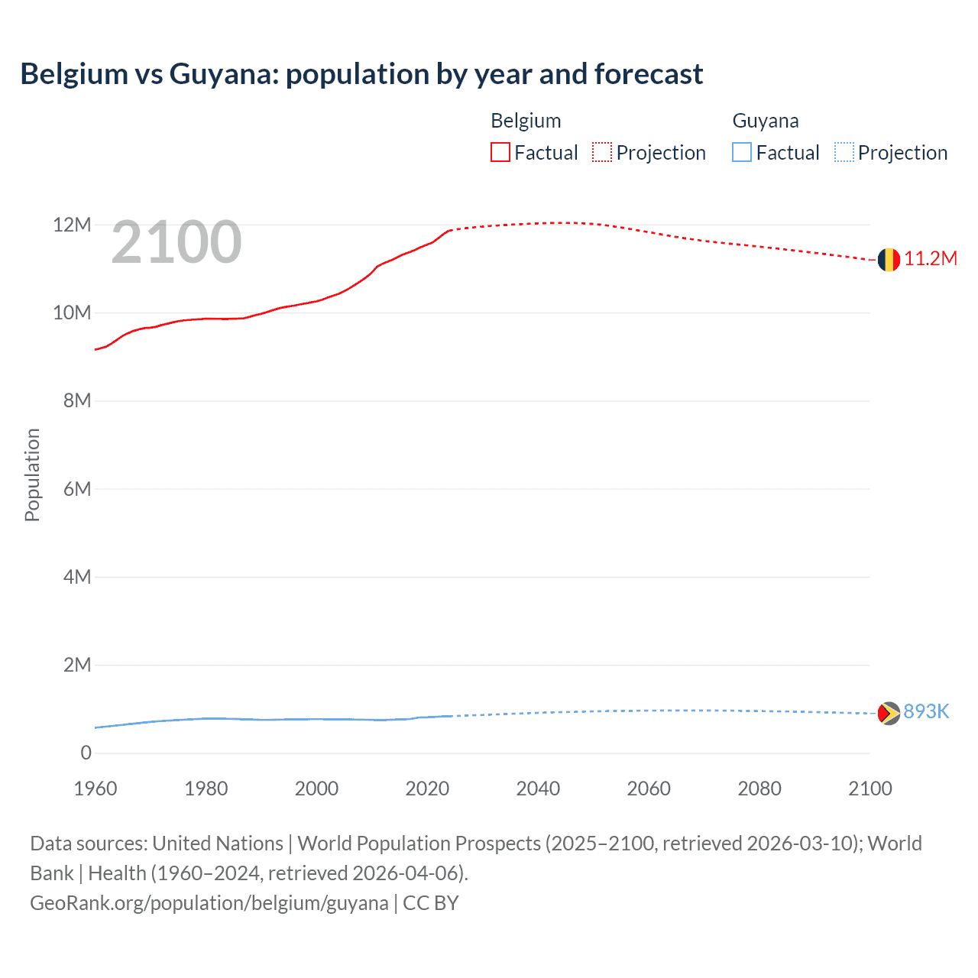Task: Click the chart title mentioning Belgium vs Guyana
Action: point(361,74)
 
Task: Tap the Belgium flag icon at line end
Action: point(889,260)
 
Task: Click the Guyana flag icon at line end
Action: point(889,713)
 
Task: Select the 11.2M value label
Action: point(931,259)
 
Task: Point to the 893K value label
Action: point(926,712)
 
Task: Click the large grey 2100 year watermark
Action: point(176,243)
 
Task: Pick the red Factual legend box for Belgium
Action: point(500,153)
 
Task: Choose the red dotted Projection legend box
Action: point(602,153)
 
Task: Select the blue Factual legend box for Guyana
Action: point(742,153)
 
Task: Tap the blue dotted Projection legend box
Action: point(844,153)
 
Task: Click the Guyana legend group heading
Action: point(766,121)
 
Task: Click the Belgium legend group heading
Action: point(526,121)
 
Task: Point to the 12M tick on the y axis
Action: point(72,225)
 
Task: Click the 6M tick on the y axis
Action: point(77,489)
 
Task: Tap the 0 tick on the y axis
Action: point(86,753)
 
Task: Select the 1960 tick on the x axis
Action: point(96,789)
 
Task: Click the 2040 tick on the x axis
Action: point(538,789)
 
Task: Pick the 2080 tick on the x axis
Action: point(759,789)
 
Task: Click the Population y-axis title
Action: point(32,474)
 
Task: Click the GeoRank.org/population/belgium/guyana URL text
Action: point(209,903)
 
